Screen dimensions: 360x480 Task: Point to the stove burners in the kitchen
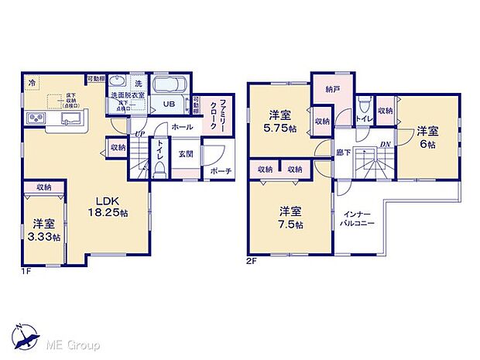click(x=36, y=118)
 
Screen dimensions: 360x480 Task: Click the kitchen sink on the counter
click(x=71, y=118)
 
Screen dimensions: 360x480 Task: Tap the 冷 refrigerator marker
click(x=33, y=82)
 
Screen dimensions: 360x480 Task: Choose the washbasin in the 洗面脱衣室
click(x=118, y=83)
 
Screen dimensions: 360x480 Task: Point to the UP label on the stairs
click(x=140, y=135)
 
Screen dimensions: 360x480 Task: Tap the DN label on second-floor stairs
click(x=385, y=144)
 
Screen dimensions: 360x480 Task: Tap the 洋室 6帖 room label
click(x=429, y=137)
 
